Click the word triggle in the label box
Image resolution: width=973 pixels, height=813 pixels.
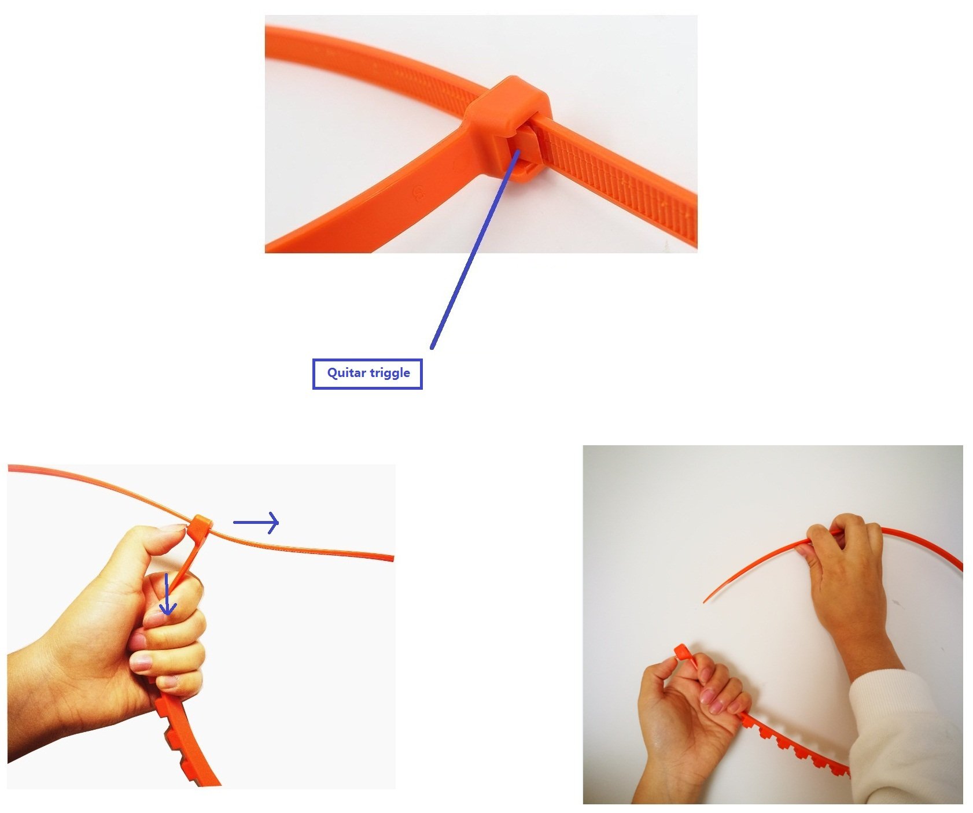pos(389,374)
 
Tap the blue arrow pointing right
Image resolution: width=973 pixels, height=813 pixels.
pos(256,522)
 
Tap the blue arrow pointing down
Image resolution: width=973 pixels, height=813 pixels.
pos(167,594)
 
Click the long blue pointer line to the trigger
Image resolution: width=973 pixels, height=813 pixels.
pos(475,249)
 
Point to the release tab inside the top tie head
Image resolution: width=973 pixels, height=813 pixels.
pos(525,150)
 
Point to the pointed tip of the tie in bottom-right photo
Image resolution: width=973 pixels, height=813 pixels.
pos(705,601)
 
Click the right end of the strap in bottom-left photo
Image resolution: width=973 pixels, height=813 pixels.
pos(393,559)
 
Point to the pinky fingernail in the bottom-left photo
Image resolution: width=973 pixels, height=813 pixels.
pos(168,682)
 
